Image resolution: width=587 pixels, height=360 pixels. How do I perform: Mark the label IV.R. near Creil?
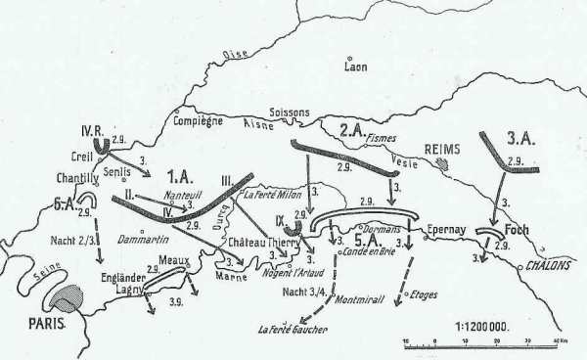pos(89,131)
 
